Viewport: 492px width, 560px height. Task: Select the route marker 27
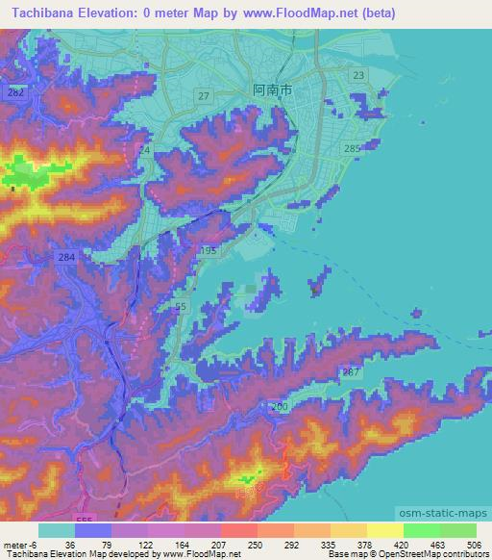(x=204, y=95)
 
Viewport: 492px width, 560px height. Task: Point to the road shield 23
(x=358, y=75)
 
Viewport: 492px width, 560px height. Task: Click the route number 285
(x=352, y=147)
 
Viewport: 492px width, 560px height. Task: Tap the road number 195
(x=209, y=250)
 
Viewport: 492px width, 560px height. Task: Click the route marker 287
(x=351, y=371)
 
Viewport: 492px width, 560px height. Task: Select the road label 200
(x=280, y=408)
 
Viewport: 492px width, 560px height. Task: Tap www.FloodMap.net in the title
(x=297, y=14)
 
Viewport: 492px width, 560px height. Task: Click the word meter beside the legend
(x=14, y=544)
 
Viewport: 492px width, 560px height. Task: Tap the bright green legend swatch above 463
(x=421, y=530)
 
